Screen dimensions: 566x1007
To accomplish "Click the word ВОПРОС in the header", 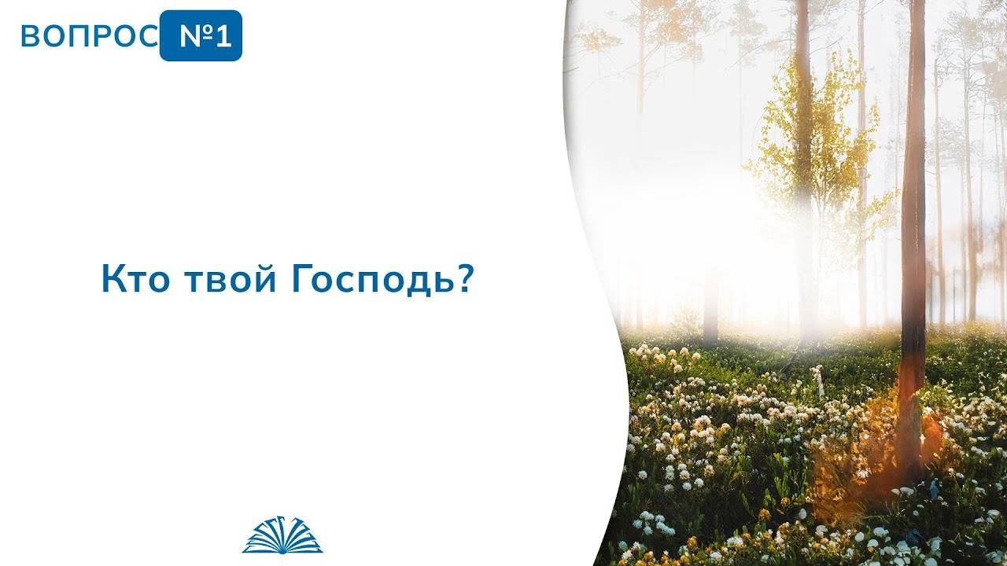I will (89, 37).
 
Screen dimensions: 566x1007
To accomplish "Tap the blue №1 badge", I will (201, 36).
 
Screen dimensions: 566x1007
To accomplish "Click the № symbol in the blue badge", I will (192, 37).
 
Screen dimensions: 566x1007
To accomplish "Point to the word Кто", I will (133, 281).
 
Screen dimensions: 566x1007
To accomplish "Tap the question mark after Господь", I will (463, 280).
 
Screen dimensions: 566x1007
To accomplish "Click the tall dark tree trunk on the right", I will (913, 197).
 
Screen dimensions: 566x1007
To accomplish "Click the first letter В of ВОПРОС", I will (29, 37).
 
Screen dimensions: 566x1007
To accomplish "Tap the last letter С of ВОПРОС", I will (149, 37).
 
